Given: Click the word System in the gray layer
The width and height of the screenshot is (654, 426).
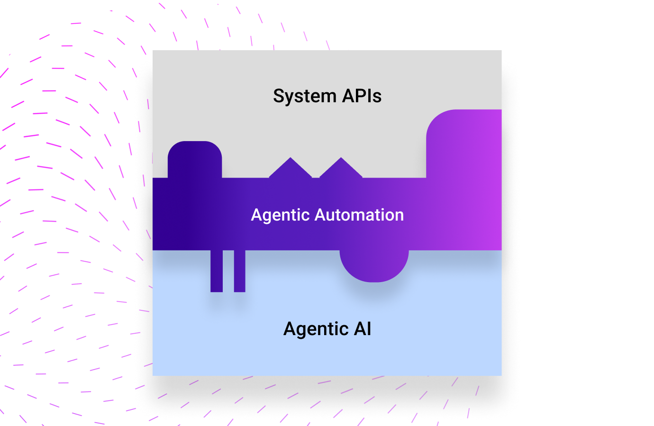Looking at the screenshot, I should (x=304, y=96).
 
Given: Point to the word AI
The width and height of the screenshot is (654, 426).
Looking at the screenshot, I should (x=363, y=328).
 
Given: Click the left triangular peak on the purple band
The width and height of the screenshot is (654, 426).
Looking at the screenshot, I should (x=291, y=169).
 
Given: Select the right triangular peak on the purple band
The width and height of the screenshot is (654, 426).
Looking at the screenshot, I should (x=341, y=169).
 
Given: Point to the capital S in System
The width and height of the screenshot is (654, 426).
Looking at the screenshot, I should (x=279, y=96).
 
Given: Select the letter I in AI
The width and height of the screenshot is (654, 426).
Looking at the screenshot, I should (x=369, y=328).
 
